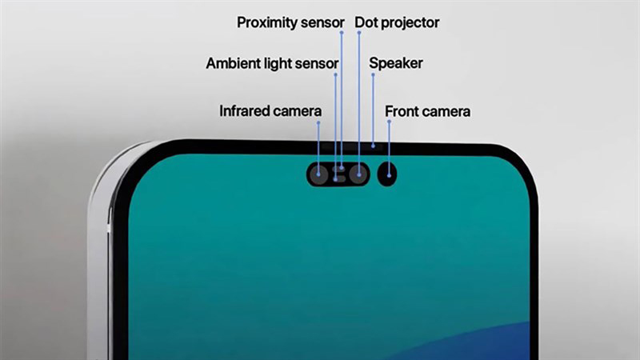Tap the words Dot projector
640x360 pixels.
397,22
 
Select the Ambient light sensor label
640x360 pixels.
272,63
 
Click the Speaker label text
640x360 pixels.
396,63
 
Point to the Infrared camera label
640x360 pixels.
270,111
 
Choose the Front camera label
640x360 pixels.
427,111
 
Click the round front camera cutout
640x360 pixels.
387,173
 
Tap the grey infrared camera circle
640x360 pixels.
319,174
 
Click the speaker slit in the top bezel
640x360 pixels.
373,147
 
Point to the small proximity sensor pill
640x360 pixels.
341,167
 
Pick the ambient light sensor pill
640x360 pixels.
337,178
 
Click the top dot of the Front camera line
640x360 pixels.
389,122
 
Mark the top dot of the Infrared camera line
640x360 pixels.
318,122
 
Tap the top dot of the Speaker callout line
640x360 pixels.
372,75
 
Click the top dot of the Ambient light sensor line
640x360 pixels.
335,75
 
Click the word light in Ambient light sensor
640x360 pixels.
280,63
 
